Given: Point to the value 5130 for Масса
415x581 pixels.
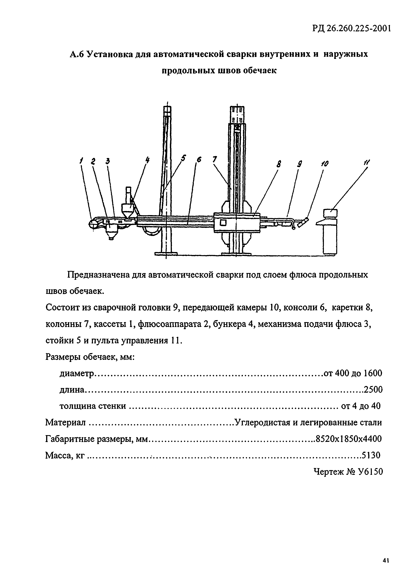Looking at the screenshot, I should (371, 455).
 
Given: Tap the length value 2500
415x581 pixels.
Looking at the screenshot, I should (373, 390).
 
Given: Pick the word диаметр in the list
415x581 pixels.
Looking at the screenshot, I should (77, 374).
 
